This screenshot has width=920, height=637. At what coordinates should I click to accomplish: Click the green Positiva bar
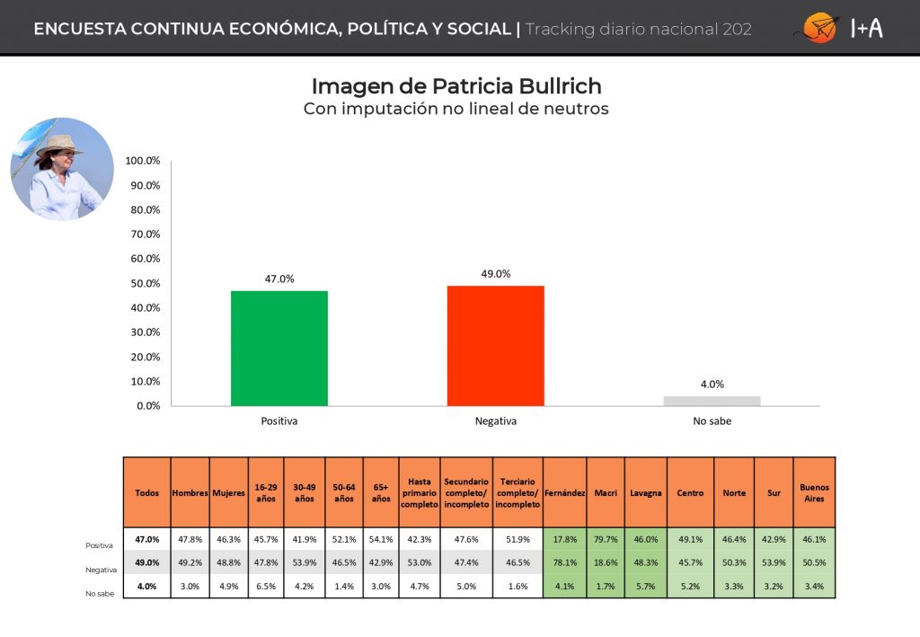[x=279, y=348]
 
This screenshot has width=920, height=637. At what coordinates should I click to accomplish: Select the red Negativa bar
[x=496, y=345]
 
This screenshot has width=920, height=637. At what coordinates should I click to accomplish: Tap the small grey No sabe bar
[x=712, y=401]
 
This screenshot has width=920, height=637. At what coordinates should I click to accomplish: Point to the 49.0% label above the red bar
[x=496, y=274]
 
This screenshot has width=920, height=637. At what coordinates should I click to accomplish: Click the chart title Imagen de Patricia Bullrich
[x=456, y=86]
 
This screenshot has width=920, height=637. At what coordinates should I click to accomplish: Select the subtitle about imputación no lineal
[x=456, y=110]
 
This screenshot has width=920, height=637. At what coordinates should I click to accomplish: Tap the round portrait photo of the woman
[x=62, y=169]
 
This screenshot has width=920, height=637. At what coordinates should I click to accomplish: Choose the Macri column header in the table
[x=606, y=493]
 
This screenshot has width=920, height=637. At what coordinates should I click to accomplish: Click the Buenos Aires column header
[x=814, y=492]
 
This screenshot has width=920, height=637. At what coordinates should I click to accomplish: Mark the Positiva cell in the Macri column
[x=606, y=539]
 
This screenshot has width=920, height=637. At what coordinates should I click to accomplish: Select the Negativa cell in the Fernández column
[x=565, y=562]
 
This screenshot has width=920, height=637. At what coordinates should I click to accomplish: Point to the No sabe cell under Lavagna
[x=646, y=587]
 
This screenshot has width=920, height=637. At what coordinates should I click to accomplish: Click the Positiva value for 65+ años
[x=382, y=539]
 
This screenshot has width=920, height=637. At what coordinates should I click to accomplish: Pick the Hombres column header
[x=190, y=493]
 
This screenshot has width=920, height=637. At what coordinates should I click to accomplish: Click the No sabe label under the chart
[x=712, y=420]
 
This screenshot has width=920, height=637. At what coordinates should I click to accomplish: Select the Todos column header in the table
[x=147, y=493]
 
